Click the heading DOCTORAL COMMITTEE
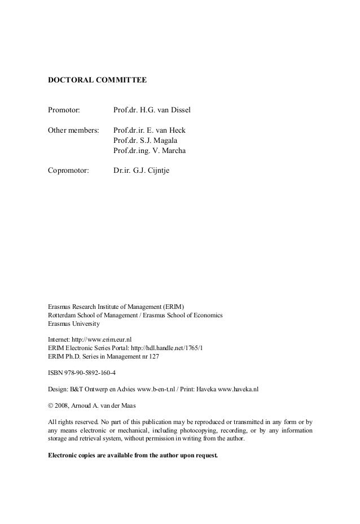point(97,81)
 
